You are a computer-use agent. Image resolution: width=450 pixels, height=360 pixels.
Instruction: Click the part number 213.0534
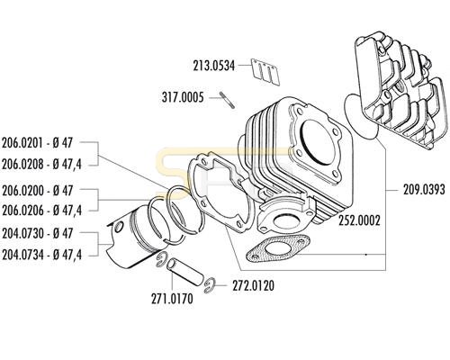(214, 66)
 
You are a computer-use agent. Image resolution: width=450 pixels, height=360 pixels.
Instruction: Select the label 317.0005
(183, 97)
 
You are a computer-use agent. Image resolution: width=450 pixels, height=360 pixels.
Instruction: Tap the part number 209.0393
(424, 190)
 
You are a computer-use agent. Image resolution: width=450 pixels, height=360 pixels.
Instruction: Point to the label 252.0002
(359, 220)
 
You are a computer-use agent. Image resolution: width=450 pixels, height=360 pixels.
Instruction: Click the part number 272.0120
(254, 286)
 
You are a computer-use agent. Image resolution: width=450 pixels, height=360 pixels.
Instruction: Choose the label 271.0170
(172, 299)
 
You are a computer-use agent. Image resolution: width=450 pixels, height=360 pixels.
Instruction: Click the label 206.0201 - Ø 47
(37, 143)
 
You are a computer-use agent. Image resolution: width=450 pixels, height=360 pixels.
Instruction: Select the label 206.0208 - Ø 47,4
(41, 164)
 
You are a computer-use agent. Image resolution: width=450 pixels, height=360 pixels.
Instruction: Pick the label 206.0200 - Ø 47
(37, 191)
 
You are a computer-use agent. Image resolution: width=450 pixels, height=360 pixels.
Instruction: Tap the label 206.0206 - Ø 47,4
(41, 211)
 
